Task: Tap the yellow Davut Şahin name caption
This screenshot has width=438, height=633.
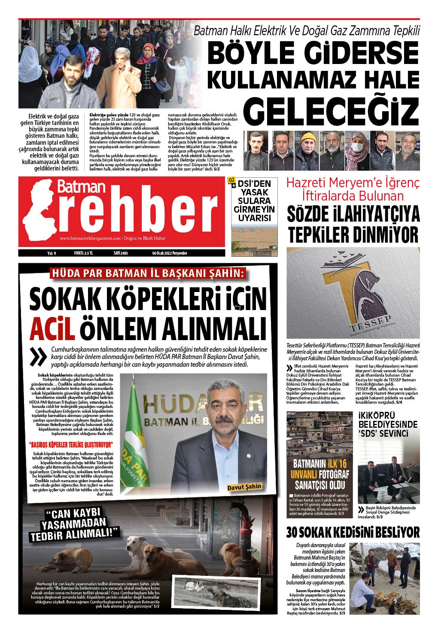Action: coord(244,487)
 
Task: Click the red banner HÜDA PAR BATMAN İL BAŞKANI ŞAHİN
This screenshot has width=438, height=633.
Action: coord(148,273)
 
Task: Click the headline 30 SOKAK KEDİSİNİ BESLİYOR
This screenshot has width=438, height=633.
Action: coord(353,533)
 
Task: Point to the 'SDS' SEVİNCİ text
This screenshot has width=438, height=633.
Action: coord(383,434)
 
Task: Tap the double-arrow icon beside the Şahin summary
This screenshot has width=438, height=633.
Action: coord(40,356)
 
